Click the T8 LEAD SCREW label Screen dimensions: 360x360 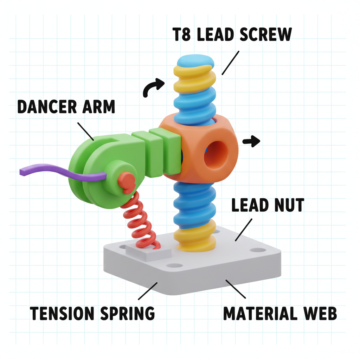[x=232, y=35]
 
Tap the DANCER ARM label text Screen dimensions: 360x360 [x=66, y=107]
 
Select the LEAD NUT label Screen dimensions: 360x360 [x=267, y=205]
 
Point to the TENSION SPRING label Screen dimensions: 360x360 [x=92, y=313]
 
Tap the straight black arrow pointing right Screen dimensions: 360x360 [x=251, y=141]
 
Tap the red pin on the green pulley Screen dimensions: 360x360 [x=126, y=180]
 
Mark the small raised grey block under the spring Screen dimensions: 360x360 [x=148, y=252]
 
